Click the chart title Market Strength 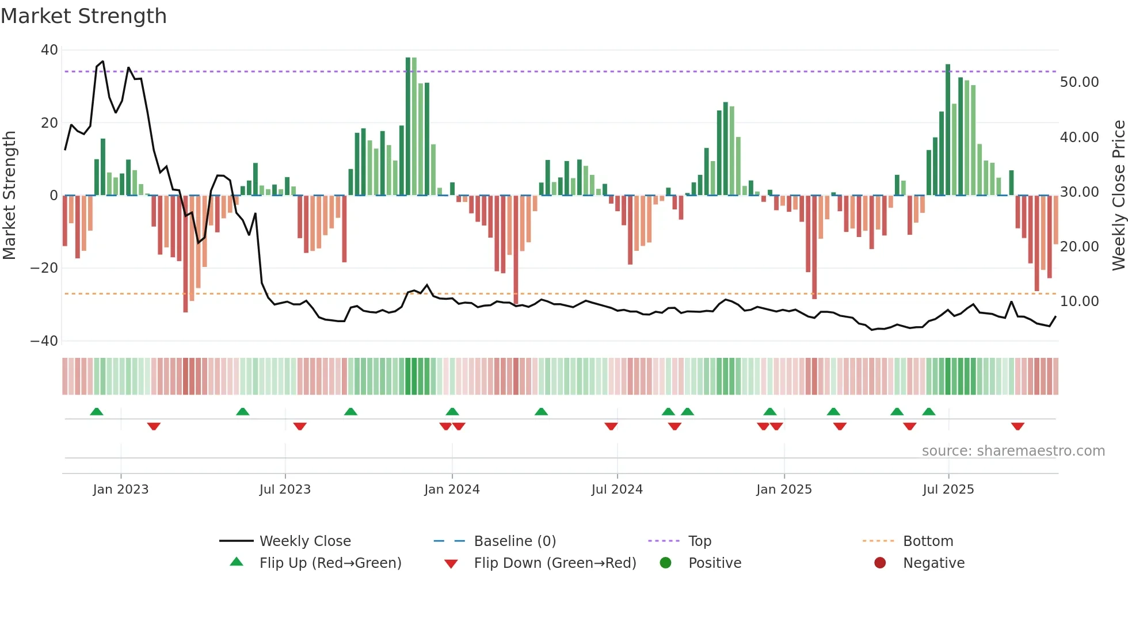pyautogui.click(x=83, y=16)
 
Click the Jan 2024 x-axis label pyautogui.click(x=452, y=490)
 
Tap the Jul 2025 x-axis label pyautogui.click(x=948, y=490)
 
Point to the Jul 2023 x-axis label pyautogui.click(x=285, y=490)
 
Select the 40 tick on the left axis pyautogui.click(x=49, y=50)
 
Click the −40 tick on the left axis pyautogui.click(x=44, y=341)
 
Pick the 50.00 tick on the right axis pyautogui.click(x=1079, y=82)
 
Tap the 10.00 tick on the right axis pyautogui.click(x=1079, y=301)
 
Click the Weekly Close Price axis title pyautogui.click(x=1118, y=196)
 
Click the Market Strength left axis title pyautogui.click(x=10, y=196)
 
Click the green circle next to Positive pyautogui.click(x=666, y=563)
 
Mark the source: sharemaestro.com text pyautogui.click(x=1013, y=451)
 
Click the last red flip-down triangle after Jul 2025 pyautogui.click(x=1018, y=426)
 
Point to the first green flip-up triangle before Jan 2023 pyautogui.click(x=97, y=411)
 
